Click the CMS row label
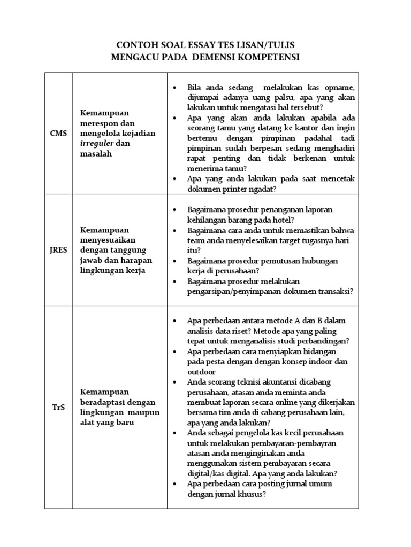(x=59, y=134)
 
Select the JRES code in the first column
(x=59, y=250)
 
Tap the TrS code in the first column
(x=59, y=408)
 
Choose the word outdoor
(x=202, y=372)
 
